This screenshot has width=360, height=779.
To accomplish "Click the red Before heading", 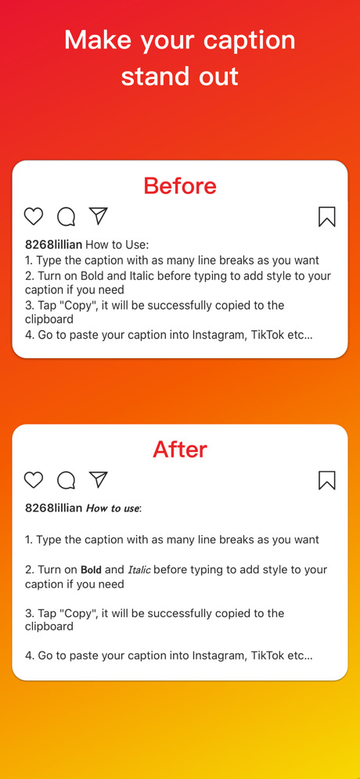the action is [x=180, y=186].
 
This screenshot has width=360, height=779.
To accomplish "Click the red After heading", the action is [x=180, y=450].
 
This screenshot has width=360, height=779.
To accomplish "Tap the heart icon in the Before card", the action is [x=34, y=217].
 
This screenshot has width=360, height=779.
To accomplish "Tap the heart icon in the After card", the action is [x=34, y=480].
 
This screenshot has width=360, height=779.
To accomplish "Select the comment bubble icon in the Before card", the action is [x=67, y=217].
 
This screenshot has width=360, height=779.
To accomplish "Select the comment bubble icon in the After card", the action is [x=67, y=480].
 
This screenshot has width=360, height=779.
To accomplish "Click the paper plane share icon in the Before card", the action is [x=99, y=216].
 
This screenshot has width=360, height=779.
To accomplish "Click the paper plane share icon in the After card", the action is [x=99, y=479].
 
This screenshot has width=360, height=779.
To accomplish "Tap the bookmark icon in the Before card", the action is [x=326, y=217].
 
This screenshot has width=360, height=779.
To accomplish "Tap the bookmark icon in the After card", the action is [x=326, y=480].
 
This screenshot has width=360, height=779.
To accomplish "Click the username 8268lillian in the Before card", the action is [x=54, y=245].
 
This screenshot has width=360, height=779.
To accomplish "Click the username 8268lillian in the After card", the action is [x=54, y=508].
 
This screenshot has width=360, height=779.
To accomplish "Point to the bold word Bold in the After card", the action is [x=91, y=570].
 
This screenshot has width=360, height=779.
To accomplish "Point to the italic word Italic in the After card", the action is [x=139, y=570].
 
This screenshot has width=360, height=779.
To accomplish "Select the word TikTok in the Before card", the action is [x=268, y=335].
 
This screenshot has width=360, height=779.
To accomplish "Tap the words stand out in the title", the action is [x=180, y=77].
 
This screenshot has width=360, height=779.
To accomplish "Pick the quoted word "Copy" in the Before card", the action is [x=80, y=305].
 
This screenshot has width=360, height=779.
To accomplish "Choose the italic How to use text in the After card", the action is [x=113, y=508].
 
